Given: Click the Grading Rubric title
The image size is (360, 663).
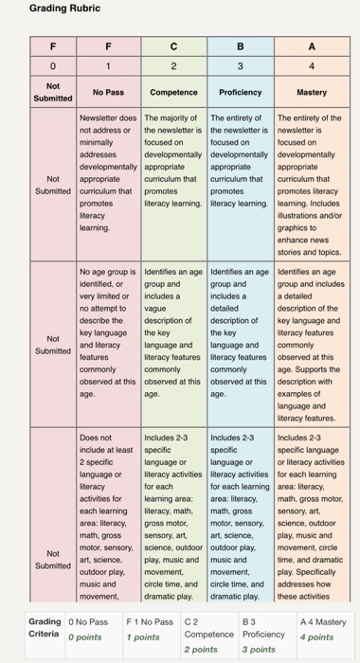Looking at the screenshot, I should click(x=64, y=9).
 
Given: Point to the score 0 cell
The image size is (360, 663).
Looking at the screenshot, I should click(x=54, y=66).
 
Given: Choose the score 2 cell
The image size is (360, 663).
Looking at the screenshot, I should click(x=172, y=66).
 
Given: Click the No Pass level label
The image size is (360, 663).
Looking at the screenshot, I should click(x=109, y=93).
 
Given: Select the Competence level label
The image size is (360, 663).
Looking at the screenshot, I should click(x=172, y=93).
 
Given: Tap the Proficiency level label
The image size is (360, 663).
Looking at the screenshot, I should click(x=240, y=93).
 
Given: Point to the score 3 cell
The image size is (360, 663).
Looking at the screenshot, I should click(x=240, y=66).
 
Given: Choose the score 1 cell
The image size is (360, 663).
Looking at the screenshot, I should click(x=109, y=66).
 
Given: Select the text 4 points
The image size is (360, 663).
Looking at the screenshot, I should click(x=315, y=637).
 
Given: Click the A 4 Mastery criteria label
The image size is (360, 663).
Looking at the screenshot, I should click(x=323, y=622).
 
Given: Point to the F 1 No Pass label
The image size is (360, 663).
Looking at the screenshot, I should click(x=150, y=622).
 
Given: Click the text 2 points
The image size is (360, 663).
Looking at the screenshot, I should click(x=200, y=650).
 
